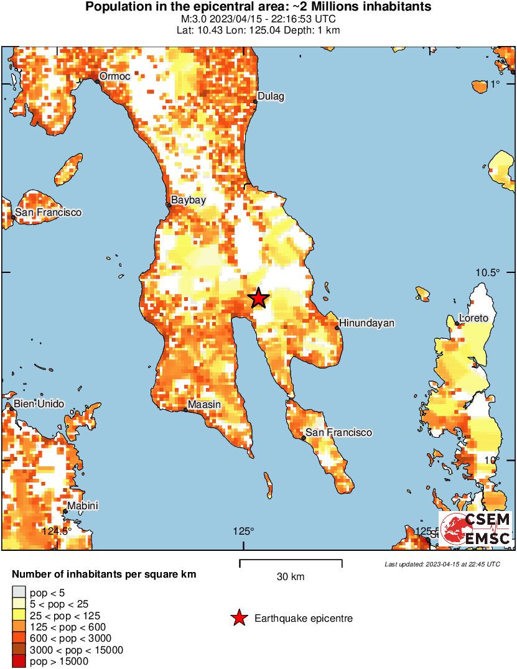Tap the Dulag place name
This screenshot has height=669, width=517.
click(271, 96)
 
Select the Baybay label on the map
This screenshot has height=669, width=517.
click(189, 200)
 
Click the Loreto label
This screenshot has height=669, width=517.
click(473, 318)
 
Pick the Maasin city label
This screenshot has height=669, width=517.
click(204, 405)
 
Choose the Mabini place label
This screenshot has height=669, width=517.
click(83, 505)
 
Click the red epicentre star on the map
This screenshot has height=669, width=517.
click(258, 298)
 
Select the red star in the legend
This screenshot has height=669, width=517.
click(238, 618)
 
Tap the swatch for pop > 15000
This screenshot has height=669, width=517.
click(19, 662)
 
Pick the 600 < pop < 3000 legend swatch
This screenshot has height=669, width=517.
click(19, 639)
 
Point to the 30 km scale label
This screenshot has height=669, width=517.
click(291, 577)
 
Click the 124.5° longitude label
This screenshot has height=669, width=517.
click(56, 531)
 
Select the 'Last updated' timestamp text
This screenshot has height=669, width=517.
click(442, 565)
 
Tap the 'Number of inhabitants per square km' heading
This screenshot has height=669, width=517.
click(105, 574)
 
